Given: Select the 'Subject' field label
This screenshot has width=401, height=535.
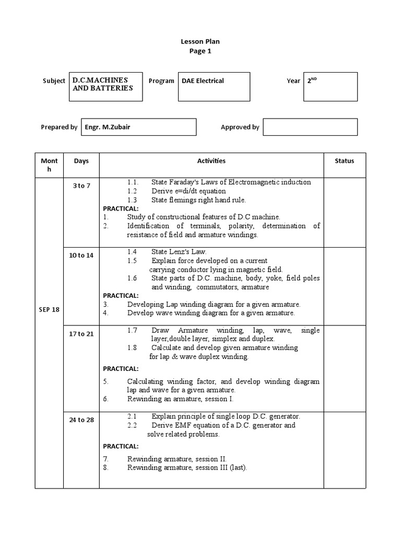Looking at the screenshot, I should click(x=54, y=81).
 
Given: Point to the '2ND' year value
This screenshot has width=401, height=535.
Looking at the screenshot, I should click(x=312, y=81).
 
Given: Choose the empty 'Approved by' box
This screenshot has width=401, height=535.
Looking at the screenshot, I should click(x=310, y=127).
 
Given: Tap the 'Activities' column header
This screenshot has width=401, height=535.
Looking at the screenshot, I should click(x=211, y=161).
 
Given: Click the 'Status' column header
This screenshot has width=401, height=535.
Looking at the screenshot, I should click(x=344, y=161).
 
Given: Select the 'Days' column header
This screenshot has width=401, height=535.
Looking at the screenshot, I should click(x=81, y=161).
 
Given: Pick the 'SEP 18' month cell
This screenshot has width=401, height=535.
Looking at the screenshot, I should click(x=49, y=309).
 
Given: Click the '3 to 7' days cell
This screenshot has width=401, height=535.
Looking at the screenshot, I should click(x=81, y=186).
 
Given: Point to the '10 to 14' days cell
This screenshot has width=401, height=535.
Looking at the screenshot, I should click(x=81, y=255).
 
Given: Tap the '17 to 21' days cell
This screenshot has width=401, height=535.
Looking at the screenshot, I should click(x=81, y=334).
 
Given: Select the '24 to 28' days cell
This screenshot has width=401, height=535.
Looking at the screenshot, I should click(x=81, y=420).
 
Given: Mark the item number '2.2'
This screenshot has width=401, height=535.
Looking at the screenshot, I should click(x=132, y=425).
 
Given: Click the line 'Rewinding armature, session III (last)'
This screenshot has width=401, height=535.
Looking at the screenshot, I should click(x=187, y=468).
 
